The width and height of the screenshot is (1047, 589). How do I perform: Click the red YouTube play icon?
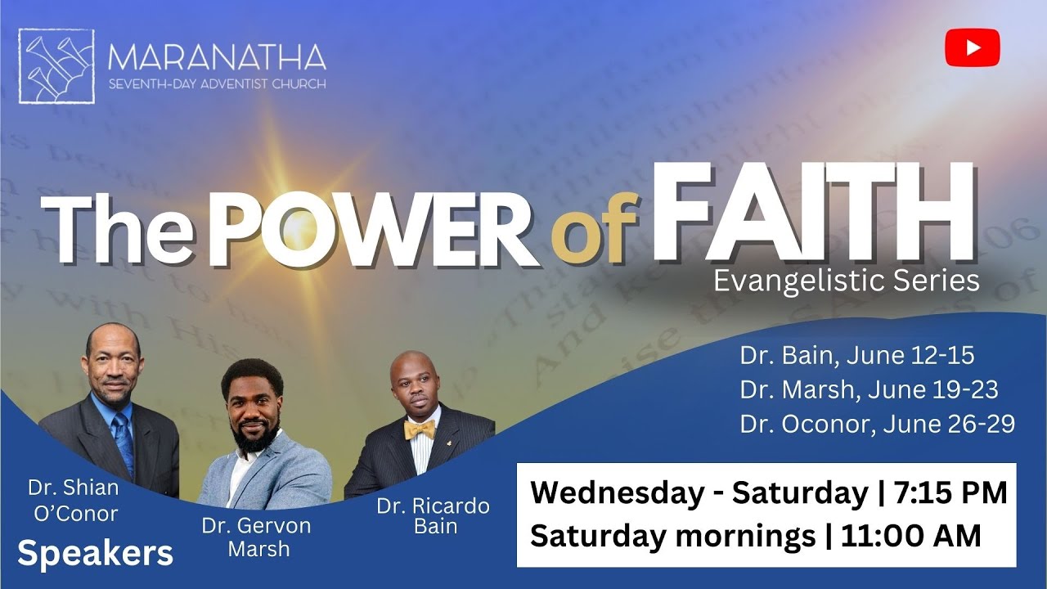pyautogui.click(x=973, y=47)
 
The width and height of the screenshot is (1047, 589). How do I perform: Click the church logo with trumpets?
pyautogui.click(x=56, y=66)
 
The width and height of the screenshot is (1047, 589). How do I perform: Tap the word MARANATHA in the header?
pyautogui.click(x=217, y=58)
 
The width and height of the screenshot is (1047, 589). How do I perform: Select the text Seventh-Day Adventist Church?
pyautogui.click(x=217, y=83)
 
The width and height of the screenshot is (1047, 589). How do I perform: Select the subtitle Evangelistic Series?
pyautogui.click(x=846, y=281)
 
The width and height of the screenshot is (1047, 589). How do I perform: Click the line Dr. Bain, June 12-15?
pyautogui.click(x=856, y=356)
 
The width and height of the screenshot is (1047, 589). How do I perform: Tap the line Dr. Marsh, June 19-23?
pyautogui.click(x=869, y=390)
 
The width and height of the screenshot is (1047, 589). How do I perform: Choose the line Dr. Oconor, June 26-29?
pyautogui.click(x=877, y=425)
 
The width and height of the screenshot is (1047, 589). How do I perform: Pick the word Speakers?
pyautogui.click(x=95, y=554)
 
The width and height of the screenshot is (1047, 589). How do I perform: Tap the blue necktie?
pyautogui.click(x=123, y=442)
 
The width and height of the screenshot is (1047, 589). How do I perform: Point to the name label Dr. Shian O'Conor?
pyautogui.click(x=73, y=501)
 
